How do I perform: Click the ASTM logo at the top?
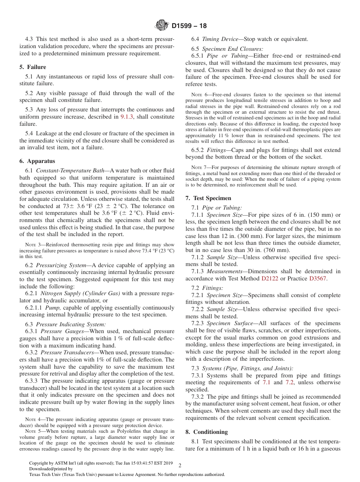point(162,26)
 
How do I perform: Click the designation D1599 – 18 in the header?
point(189,26)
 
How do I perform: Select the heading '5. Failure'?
point(33,67)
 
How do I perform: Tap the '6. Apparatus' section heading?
point(37,161)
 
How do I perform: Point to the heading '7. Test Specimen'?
point(208,198)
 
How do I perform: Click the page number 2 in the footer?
point(180,465)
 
